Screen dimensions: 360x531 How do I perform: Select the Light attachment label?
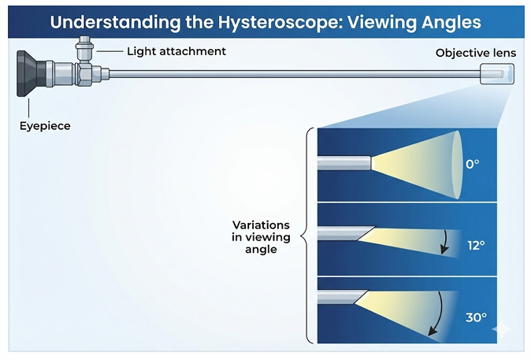click(176, 52)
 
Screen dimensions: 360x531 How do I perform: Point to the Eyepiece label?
click(45, 125)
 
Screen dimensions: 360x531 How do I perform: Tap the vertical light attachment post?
click(83, 54)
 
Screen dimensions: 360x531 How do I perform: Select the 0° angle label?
click(473, 165)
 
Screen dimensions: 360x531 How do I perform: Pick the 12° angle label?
click(476, 245)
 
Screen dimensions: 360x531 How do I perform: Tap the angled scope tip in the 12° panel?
click(347, 234)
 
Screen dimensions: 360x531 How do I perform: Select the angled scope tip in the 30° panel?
click(343, 299)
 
